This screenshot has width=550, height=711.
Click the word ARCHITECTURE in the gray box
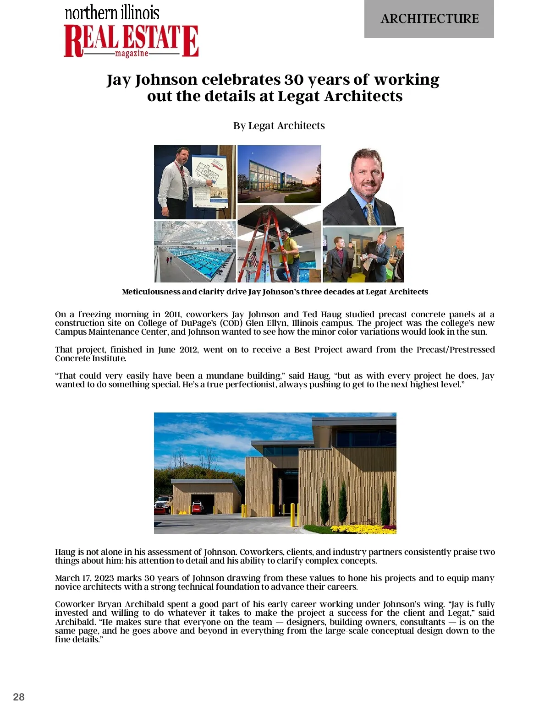point(429,19)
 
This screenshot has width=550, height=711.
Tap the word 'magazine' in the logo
point(132,54)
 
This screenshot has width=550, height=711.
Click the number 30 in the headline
point(294,80)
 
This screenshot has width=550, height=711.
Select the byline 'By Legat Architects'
point(279,126)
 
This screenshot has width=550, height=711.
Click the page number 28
point(19,697)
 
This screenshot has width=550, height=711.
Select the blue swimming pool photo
point(195,251)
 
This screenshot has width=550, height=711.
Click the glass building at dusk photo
point(279,174)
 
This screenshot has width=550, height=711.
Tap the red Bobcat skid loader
point(198,507)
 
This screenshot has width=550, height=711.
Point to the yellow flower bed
point(362,529)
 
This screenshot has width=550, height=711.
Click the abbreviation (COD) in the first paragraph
point(231,323)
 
